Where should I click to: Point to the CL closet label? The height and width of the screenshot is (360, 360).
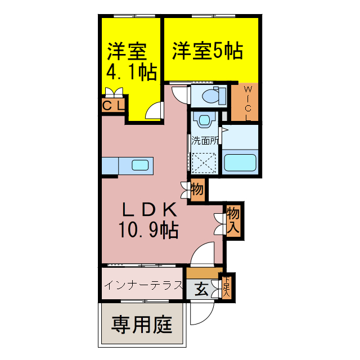113,106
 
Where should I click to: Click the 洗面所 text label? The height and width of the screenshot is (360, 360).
204,141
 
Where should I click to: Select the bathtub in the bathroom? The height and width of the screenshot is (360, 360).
240,161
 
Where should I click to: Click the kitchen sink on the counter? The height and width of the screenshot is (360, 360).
140,165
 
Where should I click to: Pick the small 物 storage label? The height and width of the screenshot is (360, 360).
197,189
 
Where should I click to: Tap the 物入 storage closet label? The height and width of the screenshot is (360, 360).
234,220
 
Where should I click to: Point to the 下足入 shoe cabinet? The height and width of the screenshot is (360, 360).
227,287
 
